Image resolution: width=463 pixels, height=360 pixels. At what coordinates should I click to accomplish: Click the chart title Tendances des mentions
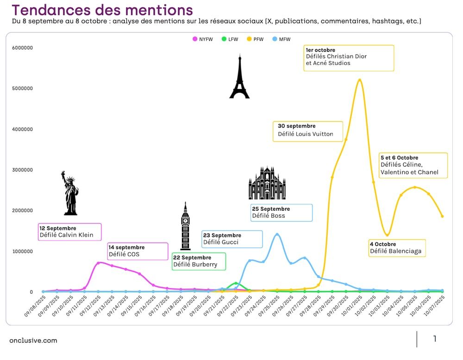102,10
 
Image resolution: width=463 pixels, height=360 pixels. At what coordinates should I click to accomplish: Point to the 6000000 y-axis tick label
22,48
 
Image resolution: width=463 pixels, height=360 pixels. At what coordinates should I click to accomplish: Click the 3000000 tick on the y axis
22,170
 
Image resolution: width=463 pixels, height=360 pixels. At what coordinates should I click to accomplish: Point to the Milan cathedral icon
267,183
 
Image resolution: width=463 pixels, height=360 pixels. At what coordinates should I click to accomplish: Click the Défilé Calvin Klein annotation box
69,232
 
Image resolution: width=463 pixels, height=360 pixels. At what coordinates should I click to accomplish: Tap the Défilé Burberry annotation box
199,261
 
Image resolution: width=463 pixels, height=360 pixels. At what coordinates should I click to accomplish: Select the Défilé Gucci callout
232,239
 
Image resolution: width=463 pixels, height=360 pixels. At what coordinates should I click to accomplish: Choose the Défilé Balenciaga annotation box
397,248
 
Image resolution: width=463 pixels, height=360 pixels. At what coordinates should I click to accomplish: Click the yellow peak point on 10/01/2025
360,80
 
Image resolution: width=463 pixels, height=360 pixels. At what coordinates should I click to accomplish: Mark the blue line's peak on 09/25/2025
277,234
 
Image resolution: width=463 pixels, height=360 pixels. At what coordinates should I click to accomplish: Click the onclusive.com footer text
33,341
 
